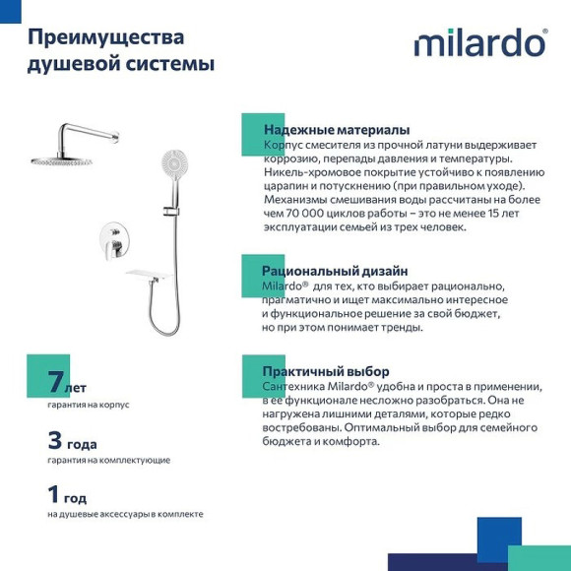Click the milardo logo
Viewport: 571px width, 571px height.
(479, 43)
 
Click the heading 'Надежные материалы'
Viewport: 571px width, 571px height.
(337, 130)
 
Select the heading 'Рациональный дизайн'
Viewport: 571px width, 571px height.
(335, 271)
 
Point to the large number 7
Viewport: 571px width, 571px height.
(54, 385)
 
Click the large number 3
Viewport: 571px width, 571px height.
(55, 440)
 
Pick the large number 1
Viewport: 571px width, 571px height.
(54, 494)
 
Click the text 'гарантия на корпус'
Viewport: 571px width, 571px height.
(88, 405)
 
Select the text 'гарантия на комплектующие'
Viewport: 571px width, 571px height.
(108, 460)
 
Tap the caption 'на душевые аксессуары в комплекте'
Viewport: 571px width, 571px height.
(125, 514)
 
